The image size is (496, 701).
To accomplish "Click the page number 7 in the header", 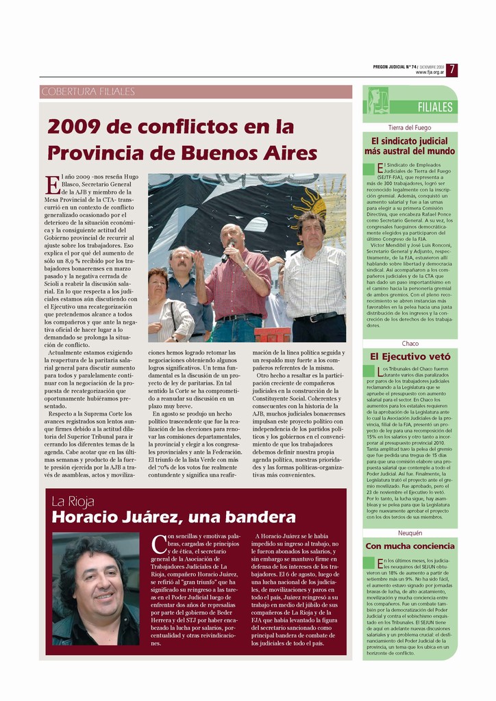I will pos(454,69).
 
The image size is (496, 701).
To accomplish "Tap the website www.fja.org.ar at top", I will pos(430,72).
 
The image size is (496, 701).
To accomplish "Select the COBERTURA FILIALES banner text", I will pos(88,92).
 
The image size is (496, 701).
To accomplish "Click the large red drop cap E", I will pos(52,185).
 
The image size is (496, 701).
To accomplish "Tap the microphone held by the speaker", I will pos(226,251).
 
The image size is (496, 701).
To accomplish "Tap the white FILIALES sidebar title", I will pos(434,107).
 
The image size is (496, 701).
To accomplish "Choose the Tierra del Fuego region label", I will pos(410,127).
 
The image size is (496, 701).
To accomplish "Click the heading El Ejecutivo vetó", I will pos(410,356).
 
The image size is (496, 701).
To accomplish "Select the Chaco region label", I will pos(410,343).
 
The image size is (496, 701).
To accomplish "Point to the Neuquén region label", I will pos(410,533).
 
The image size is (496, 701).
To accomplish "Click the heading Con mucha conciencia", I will pos(410,546).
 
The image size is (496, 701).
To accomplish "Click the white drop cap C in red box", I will pos(158,544).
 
